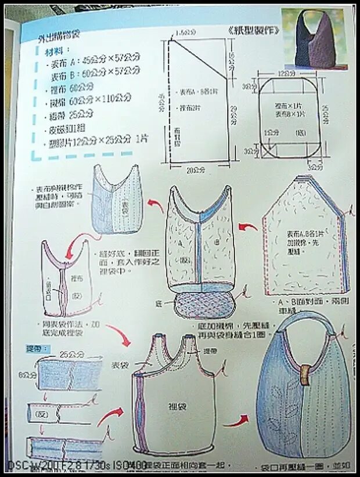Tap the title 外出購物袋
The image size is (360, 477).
(x=60, y=37)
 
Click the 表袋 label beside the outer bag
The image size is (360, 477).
(x=119, y=364)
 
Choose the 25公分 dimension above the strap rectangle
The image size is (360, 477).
(x=69, y=353)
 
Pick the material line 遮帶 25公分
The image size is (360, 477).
(x=73, y=114)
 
